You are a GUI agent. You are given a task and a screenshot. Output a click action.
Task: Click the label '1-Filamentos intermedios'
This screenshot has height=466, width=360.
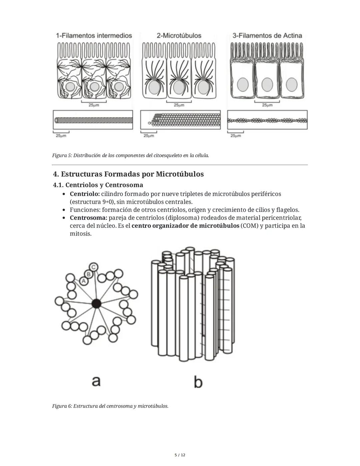(x=94, y=36)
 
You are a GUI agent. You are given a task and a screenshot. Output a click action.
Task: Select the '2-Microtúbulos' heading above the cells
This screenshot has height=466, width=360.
(x=179, y=36)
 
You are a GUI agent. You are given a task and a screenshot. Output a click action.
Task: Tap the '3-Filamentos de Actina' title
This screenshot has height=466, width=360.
(x=267, y=36)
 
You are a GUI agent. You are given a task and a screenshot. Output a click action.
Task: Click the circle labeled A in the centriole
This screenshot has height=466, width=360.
(x=84, y=281)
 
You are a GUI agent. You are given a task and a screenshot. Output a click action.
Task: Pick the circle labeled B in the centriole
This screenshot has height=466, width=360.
(x=89, y=274)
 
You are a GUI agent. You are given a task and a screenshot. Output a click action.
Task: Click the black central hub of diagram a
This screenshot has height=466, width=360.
(x=96, y=304)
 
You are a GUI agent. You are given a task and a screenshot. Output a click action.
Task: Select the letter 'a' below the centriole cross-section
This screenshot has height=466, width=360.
(x=96, y=381)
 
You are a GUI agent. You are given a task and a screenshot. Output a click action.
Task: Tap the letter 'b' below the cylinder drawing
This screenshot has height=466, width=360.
(x=198, y=382)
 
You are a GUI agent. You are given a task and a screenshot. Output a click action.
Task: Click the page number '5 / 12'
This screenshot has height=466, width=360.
(x=180, y=455)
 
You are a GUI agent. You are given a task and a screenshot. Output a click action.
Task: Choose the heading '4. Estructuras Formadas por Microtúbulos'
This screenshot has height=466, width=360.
(x=128, y=174)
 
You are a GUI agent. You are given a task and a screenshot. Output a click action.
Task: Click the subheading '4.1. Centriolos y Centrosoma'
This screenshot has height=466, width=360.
(x=98, y=185)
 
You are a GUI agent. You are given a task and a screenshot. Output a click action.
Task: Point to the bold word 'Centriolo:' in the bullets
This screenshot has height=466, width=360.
(x=85, y=194)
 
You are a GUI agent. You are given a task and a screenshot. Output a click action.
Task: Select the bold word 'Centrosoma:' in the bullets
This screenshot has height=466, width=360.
(x=88, y=218)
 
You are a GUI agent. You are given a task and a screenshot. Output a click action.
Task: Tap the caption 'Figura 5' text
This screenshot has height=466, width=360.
(x=130, y=155)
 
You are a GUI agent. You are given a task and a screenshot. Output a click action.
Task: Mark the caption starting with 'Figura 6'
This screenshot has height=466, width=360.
(x=110, y=406)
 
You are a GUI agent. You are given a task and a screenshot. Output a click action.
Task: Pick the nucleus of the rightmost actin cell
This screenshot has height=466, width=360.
(x=292, y=84)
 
